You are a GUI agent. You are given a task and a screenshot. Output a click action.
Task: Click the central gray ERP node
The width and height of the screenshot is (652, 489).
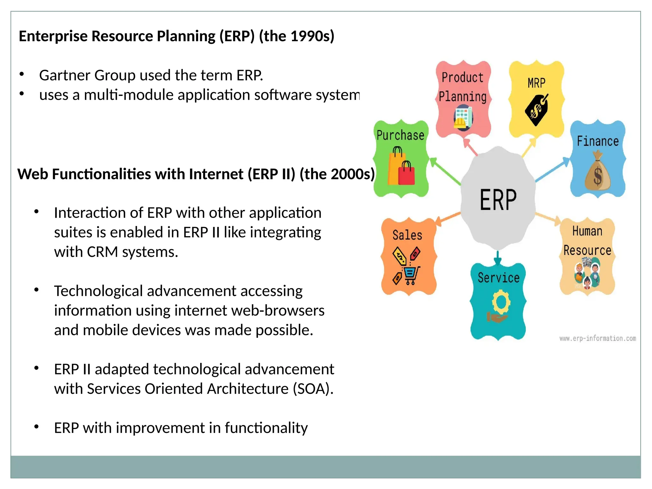click(x=498, y=199)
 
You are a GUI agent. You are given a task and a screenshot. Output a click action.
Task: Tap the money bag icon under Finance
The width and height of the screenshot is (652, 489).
click(x=598, y=172)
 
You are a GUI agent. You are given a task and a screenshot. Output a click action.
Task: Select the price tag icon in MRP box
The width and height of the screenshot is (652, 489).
click(x=537, y=110)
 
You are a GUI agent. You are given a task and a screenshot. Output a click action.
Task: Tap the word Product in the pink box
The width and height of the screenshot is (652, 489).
click(x=462, y=77)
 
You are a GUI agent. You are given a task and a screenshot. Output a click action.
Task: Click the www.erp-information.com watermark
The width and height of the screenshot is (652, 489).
click(x=598, y=338)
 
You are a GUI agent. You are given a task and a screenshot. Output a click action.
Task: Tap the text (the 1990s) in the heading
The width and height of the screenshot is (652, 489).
click(x=296, y=36)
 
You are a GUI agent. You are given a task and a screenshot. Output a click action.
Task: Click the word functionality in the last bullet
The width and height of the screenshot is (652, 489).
click(x=266, y=428)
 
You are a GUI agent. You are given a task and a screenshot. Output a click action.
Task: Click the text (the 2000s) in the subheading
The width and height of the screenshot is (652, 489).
click(x=337, y=174)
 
